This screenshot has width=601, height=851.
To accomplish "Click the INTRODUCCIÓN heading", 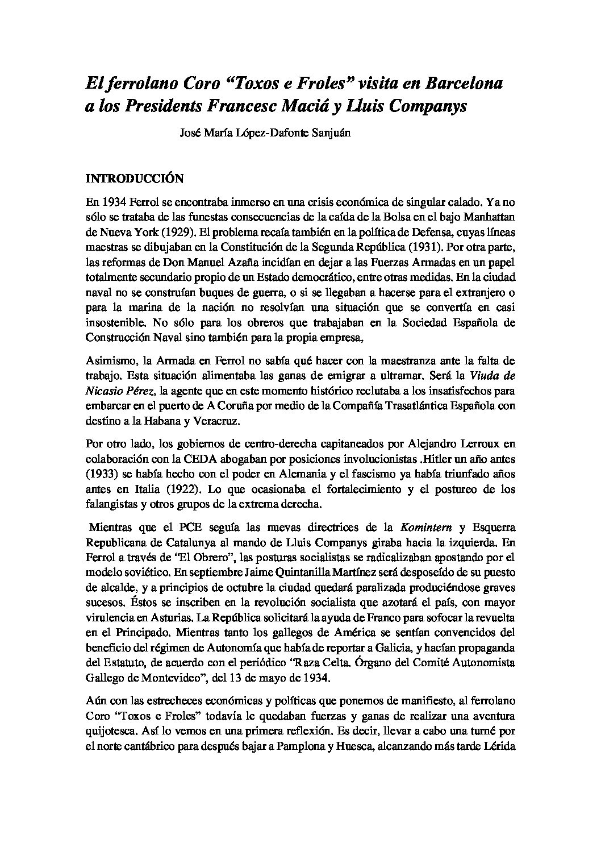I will tap(134, 178).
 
